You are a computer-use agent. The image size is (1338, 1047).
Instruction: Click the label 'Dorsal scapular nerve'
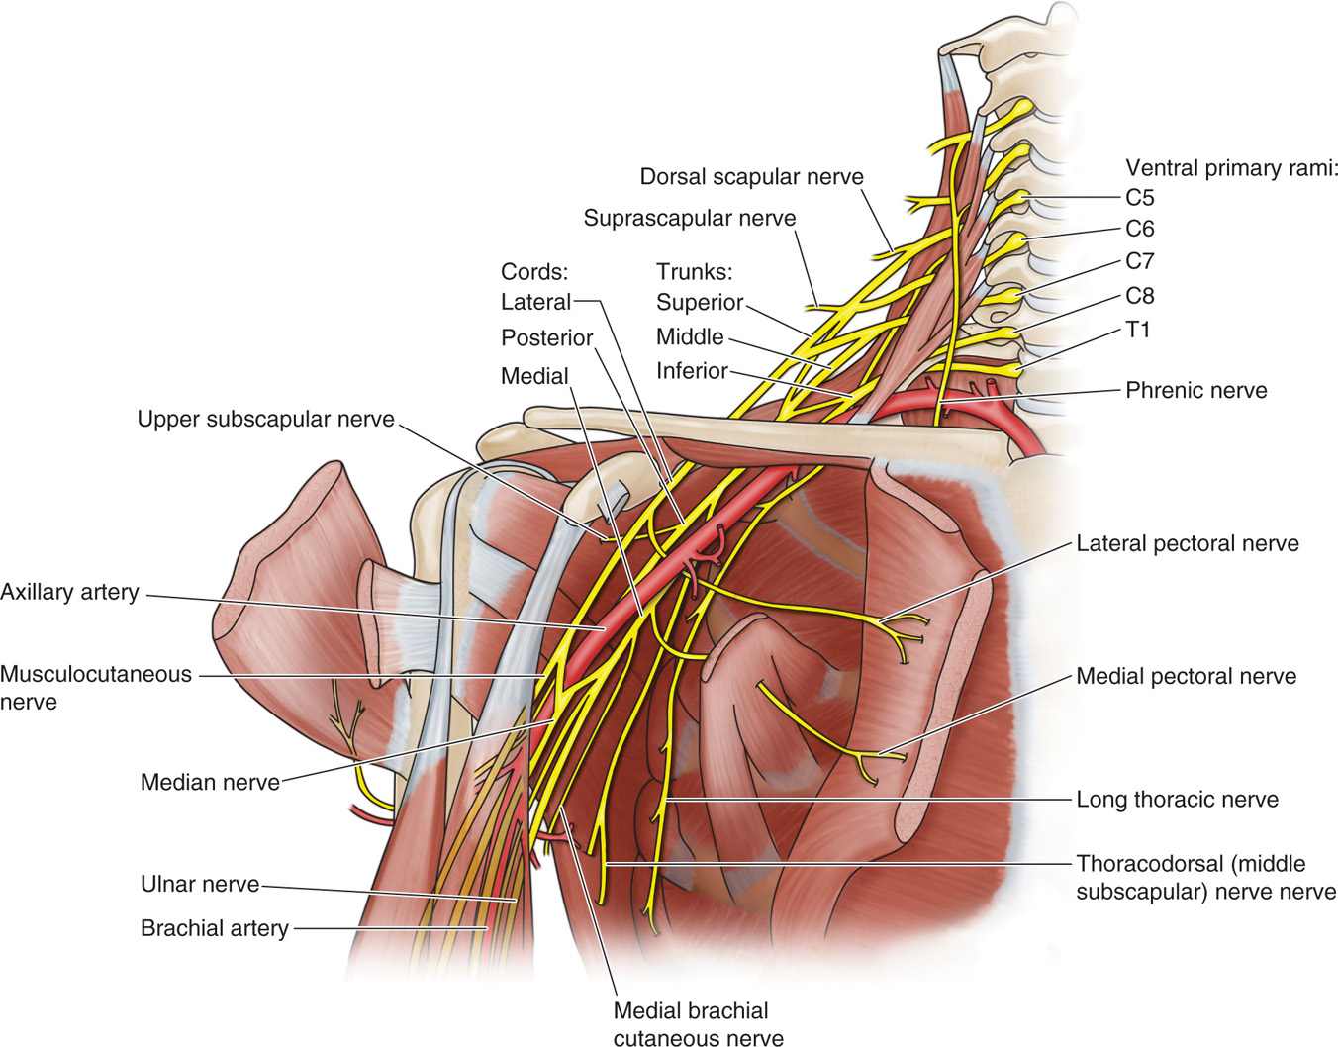click(751, 177)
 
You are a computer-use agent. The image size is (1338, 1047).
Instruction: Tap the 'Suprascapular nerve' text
click(689, 218)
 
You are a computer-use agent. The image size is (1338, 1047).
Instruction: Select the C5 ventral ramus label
click(1140, 198)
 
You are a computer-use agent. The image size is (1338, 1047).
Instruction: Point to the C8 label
click(1140, 296)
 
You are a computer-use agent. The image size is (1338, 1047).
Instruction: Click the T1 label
click(1138, 330)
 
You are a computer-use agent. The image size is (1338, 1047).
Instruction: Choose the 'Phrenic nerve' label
click(1195, 390)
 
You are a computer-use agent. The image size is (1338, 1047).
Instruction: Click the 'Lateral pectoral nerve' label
click(1188, 543)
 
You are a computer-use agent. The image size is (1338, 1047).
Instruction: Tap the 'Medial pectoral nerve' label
click(1186, 677)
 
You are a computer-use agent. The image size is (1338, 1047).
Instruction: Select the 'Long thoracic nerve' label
click(1177, 800)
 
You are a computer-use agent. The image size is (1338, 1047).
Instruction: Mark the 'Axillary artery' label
click(69, 593)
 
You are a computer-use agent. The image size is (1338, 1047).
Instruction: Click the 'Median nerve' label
click(210, 783)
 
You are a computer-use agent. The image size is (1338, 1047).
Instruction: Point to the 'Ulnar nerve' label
click(200, 884)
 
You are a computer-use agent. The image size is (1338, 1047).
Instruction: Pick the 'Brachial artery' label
click(215, 929)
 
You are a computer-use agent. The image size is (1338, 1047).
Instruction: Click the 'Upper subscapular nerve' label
click(265, 420)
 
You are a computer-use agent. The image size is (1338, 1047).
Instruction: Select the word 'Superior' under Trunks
click(699, 303)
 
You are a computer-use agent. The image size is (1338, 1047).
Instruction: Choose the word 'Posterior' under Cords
click(546, 338)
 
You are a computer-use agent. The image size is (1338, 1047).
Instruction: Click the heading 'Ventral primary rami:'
click(1231, 168)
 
